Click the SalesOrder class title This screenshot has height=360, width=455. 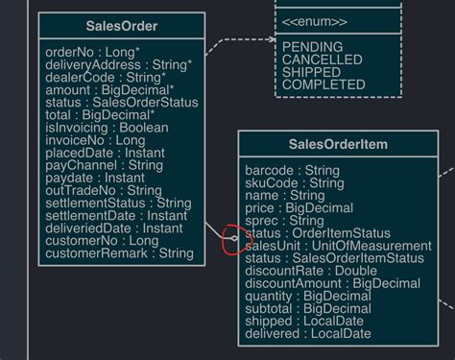121,25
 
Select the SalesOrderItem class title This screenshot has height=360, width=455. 339,145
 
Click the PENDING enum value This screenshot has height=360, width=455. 313,47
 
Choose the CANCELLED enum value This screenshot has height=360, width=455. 323,60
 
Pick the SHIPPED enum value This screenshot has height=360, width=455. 312,72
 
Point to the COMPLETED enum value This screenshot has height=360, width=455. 323,84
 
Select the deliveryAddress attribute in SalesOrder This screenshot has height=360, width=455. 118,64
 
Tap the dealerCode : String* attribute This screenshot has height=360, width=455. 104,77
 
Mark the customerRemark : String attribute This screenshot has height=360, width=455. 119,254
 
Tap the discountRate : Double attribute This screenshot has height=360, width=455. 311,272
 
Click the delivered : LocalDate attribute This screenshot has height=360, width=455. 307,334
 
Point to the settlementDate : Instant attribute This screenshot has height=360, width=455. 116,216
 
